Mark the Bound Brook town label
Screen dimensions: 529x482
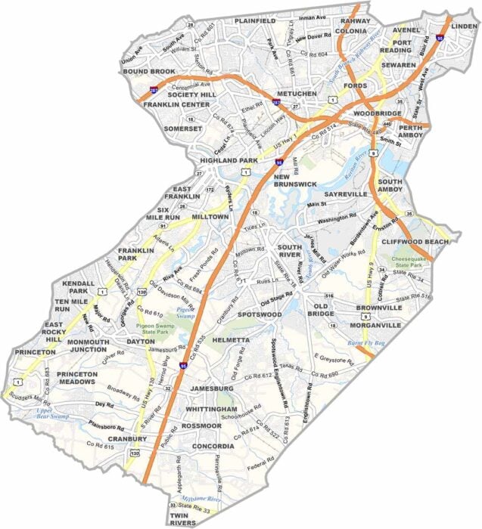(x=149, y=72)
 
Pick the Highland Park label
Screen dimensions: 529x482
(x=225, y=160)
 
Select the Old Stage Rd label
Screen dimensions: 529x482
(x=277, y=299)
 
